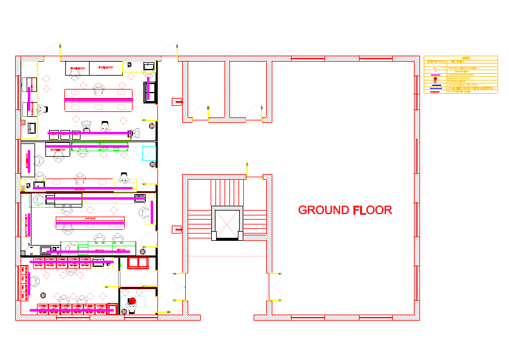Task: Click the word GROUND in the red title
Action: click(323, 211)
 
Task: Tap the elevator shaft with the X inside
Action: click(227, 223)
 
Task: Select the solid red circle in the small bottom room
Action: click(132, 301)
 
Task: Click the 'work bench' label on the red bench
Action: click(90, 218)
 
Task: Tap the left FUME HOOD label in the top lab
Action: click(77, 68)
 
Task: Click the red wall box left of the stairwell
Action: click(177, 229)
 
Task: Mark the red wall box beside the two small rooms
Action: click(177, 102)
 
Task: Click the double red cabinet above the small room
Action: click(137, 262)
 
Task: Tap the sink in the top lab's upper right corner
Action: click(148, 65)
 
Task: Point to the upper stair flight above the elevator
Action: click(227, 192)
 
